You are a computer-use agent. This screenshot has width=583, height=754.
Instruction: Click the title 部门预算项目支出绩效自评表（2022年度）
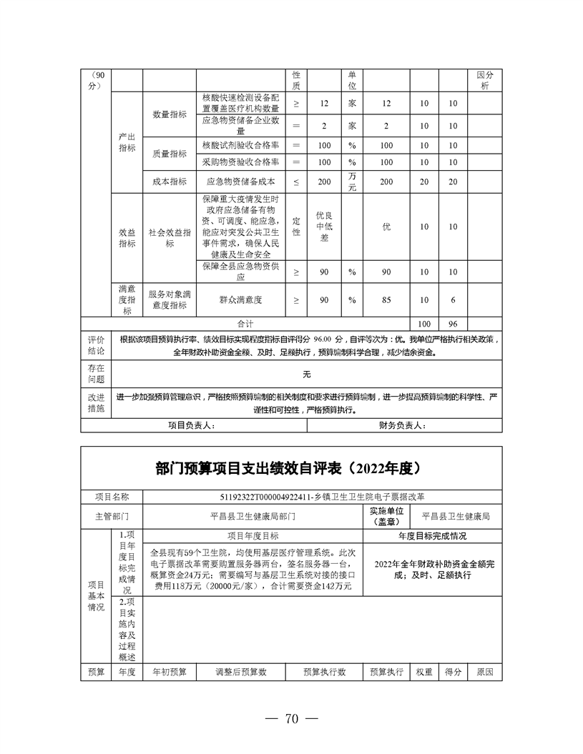point(291,469)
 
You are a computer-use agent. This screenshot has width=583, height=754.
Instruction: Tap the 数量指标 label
point(170,114)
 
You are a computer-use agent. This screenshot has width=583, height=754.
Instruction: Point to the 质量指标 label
point(170,154)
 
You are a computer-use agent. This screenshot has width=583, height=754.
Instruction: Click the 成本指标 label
point(170,182)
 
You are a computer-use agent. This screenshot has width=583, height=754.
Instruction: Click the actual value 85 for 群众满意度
point(386,300)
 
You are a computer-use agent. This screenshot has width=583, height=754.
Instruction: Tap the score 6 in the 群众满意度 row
point(452,300)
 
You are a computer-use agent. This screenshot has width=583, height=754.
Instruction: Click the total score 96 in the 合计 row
point(452,324)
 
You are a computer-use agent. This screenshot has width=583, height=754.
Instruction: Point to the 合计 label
point(245,324)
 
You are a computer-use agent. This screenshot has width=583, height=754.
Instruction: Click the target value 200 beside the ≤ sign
point(324,182)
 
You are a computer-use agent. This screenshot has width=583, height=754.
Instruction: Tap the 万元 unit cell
point(352,182)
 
